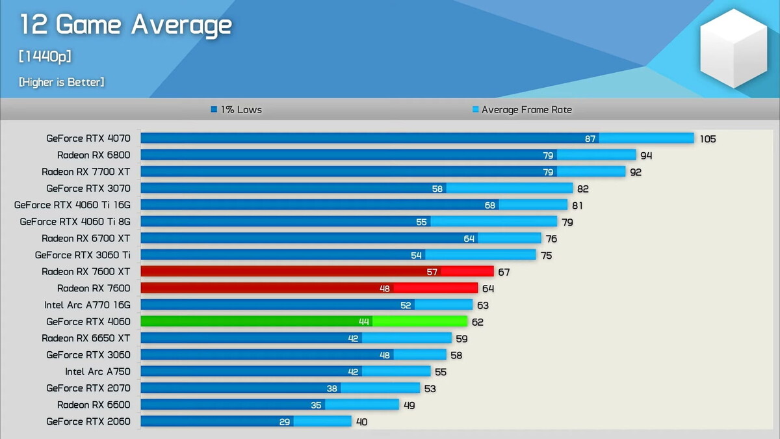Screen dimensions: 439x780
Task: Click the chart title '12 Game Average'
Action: click(125, 25)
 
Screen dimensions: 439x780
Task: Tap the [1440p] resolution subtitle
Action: click(45, 57)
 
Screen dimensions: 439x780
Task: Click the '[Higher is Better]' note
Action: click(62, 82)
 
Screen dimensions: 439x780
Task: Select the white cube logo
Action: click(733, 48)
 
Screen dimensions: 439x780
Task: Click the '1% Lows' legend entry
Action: click(237, 110)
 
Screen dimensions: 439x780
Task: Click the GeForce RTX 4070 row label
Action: click(88, 138)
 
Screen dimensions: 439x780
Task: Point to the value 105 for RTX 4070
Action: click(707, 139)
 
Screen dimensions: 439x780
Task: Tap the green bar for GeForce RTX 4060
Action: click(304, 321)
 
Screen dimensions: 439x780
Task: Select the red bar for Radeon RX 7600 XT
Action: click(317, 271)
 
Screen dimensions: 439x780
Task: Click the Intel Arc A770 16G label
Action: click(87, 304)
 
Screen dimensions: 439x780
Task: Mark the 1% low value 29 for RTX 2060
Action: click(285, 421)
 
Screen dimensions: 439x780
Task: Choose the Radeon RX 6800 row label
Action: click(94, 155)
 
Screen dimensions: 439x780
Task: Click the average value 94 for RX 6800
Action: click(646, 155)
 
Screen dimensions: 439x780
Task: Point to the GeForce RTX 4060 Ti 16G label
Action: click(72, 205)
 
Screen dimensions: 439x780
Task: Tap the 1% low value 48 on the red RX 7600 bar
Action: click(385, 288)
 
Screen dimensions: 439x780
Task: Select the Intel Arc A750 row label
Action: click(97, 371)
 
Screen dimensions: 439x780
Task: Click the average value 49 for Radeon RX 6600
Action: click(409, 405)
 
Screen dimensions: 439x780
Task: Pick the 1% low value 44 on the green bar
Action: click(364, 321)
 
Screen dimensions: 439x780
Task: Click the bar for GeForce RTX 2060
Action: click(246, 421)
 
